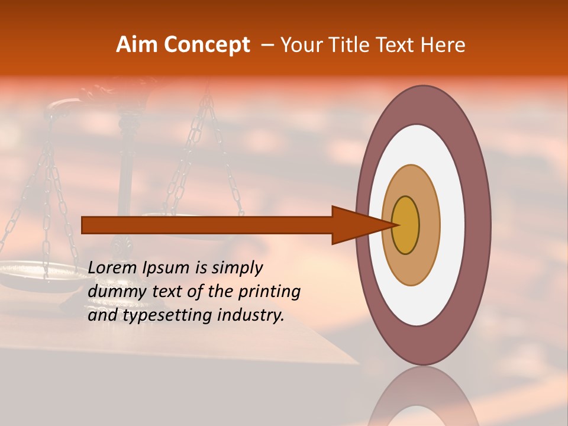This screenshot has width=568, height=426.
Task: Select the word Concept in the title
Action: pyautogui.click(x=207, y=46)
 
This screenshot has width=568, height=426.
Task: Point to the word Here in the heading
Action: pyautogui.click(x=444, y=45)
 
